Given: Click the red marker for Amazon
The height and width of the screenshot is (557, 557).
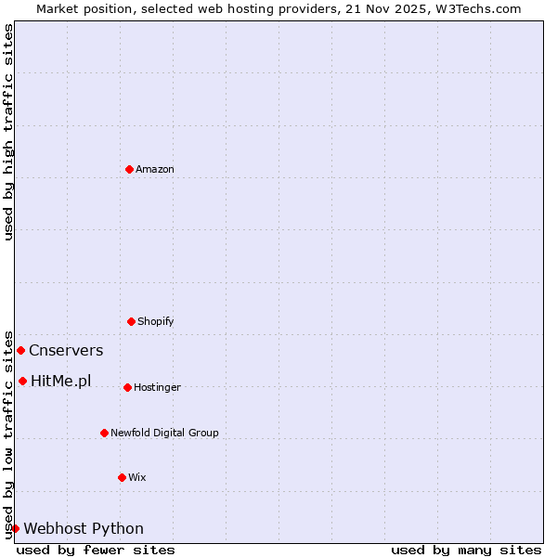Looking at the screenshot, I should coord(129,169).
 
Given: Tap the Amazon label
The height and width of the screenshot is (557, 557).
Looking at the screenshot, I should coord(155,169).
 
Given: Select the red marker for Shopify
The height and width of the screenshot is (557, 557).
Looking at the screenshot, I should coord(131,321).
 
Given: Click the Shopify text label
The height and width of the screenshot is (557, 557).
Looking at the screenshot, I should coord(156,321).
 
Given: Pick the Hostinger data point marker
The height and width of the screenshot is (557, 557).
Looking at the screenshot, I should coord(127,387).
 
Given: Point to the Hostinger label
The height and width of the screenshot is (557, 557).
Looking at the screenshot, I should coord(157,387).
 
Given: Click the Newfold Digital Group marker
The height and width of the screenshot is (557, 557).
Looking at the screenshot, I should coord(104,433).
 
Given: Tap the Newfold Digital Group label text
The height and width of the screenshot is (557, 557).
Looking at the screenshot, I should coord(164,433).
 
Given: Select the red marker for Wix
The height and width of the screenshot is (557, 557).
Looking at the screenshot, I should coord(122,477).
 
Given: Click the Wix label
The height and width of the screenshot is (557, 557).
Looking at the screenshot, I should coord(137,477).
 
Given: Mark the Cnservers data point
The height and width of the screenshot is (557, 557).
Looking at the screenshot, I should coord(20,350).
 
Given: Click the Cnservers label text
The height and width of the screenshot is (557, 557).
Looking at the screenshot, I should coord(66,351).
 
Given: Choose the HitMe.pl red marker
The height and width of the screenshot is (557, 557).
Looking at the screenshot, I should coord(22,381).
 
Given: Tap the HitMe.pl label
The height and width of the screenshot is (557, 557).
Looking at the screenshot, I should coord(61,381).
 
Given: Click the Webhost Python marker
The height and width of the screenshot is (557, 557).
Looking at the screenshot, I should coord(15,528).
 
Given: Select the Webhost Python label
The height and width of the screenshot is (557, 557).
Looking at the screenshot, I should coord(84,529).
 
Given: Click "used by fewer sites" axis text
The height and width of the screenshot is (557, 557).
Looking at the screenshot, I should coord(96,550).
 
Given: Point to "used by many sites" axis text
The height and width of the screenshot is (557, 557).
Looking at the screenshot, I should coord(466,550).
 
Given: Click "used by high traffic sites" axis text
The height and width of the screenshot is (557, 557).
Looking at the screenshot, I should coord(9,132).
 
